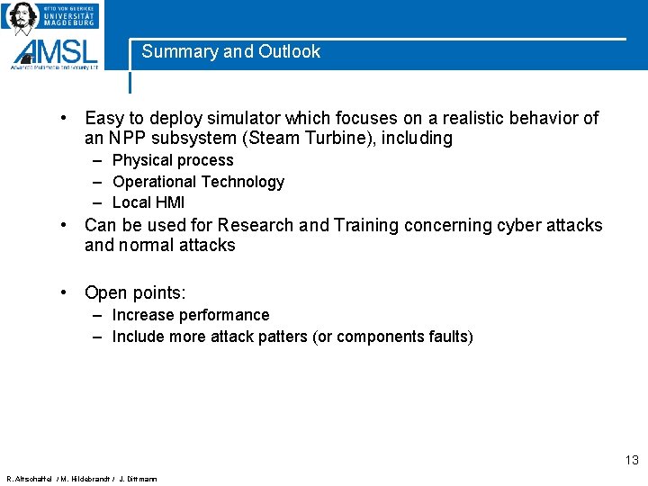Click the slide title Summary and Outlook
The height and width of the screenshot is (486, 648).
(x=230, y=52)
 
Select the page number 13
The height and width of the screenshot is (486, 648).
(x=631, y=461)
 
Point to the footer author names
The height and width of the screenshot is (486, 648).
(x=82, y=479)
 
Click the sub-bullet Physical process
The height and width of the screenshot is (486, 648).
(x=173, y=160)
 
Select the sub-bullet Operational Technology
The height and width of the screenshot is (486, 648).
(x=198, y=182)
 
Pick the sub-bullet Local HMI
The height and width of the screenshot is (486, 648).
(x=148, y=202)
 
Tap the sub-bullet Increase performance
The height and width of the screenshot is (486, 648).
(x=191, y=315)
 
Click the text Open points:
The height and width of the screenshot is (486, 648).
(x=135, y=292)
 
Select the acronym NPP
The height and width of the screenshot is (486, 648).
(x=129, y=139)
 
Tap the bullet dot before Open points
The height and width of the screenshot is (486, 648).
(x=66, y=292)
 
